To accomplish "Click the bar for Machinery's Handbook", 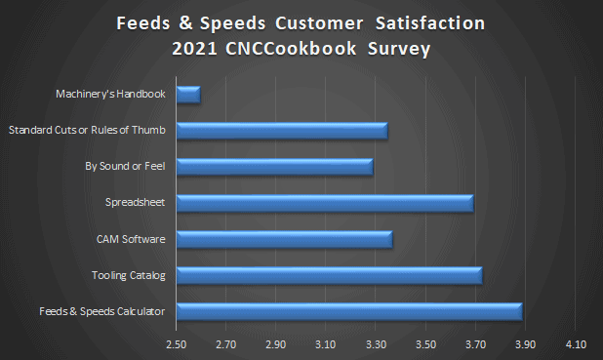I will coord(188,95).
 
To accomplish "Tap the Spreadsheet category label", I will coord(136,203).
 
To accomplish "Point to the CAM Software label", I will coord(129,239).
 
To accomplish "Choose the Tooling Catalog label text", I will coord(128,275).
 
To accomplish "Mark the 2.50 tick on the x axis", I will coord(176,345).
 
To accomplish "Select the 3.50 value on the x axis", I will coord(424,345).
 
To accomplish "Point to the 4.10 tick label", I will coord(575,345).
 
